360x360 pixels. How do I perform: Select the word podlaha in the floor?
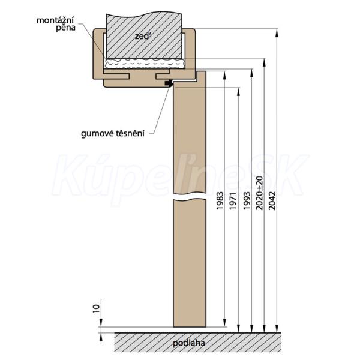coord(188,344)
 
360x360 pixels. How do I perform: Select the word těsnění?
coord(131,133)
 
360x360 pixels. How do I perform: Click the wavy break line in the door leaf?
coord(189,197)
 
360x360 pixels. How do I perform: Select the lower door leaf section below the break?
coord(189,264)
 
